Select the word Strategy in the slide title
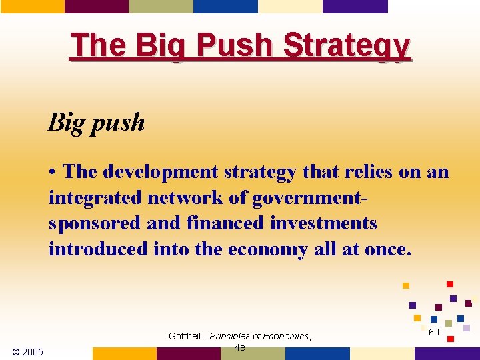click(347, 46)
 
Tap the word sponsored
click(95, 223)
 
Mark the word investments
click(323, 223)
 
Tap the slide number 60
click(433, 331)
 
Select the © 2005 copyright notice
click(27, 351)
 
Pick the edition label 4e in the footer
click(240, 347)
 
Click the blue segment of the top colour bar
click(225, 6)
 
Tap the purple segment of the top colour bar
click(355, 6)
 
